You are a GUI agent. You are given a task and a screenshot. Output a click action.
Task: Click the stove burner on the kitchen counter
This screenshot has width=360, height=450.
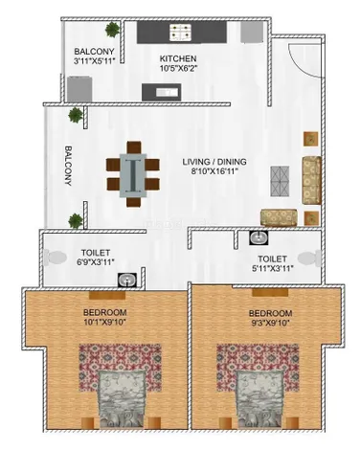pos(181,33)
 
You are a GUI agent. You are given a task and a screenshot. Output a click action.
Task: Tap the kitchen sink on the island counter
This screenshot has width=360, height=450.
pos(167,92)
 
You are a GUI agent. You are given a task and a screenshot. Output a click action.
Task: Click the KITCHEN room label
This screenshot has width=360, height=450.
pos(178,58)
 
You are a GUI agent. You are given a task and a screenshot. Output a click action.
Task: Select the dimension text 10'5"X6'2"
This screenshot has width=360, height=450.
pos(179,68)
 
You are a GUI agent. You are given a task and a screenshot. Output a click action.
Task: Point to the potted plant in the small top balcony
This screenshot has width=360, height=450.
pos(112,30)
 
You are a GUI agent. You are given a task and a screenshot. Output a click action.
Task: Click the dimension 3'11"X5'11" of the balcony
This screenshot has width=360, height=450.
pos(94,60)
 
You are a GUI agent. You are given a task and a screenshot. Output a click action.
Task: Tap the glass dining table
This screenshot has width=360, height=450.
pos(133,175)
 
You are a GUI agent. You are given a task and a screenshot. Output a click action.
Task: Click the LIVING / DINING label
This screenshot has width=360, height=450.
pos(214,162)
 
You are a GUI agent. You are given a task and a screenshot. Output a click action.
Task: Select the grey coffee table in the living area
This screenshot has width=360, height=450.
pos(280,181)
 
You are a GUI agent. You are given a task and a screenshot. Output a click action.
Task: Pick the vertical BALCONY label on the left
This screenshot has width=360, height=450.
pos(68,166)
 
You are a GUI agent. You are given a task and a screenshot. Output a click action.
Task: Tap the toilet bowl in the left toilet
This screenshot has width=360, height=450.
pos(55,258)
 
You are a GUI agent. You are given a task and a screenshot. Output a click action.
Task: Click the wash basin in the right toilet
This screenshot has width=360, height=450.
pos(259,237)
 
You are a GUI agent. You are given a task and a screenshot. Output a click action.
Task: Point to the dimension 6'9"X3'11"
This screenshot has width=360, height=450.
pos(96,262)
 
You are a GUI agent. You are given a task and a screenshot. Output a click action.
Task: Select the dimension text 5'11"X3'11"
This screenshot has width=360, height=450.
pos(272,268)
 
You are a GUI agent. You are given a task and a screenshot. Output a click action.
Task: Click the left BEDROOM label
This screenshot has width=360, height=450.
pos(104,312)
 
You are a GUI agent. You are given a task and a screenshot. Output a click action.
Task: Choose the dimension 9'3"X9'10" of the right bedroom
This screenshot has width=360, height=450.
pos(270,323)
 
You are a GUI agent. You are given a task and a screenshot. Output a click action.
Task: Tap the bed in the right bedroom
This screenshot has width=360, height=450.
pos(259,399)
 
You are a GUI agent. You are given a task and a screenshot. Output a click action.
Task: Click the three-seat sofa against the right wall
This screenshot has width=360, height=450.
pos(311,180)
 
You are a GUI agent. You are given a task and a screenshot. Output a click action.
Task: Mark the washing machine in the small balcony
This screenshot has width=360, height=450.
pos(79,89)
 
